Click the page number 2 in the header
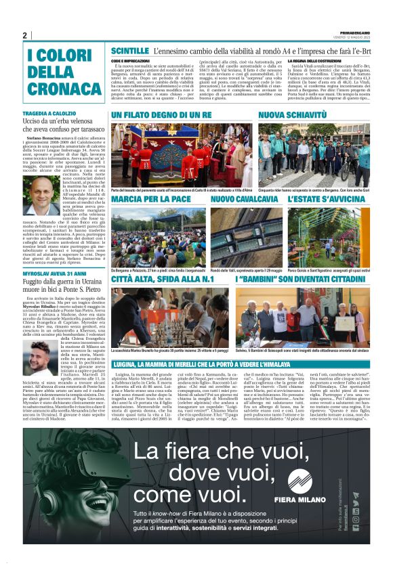(24, 35)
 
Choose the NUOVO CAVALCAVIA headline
(244, 200)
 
